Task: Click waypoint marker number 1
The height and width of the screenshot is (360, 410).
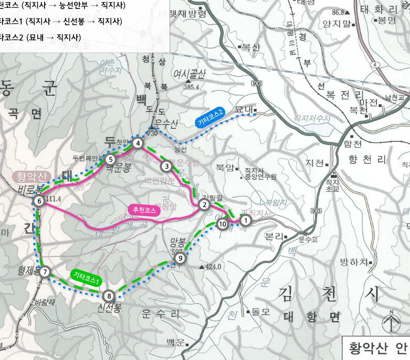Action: [245, 220]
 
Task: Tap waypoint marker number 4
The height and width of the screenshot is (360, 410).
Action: [138, 143]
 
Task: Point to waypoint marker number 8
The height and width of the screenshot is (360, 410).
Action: [109, 295]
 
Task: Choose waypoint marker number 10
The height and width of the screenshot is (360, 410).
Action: [222, 224]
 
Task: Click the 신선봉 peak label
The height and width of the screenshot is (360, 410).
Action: [109, 307]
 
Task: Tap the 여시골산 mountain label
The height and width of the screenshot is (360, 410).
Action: [192, 74]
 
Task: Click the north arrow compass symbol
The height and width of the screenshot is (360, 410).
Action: [390, 322]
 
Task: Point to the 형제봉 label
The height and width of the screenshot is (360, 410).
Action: [27, 271]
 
